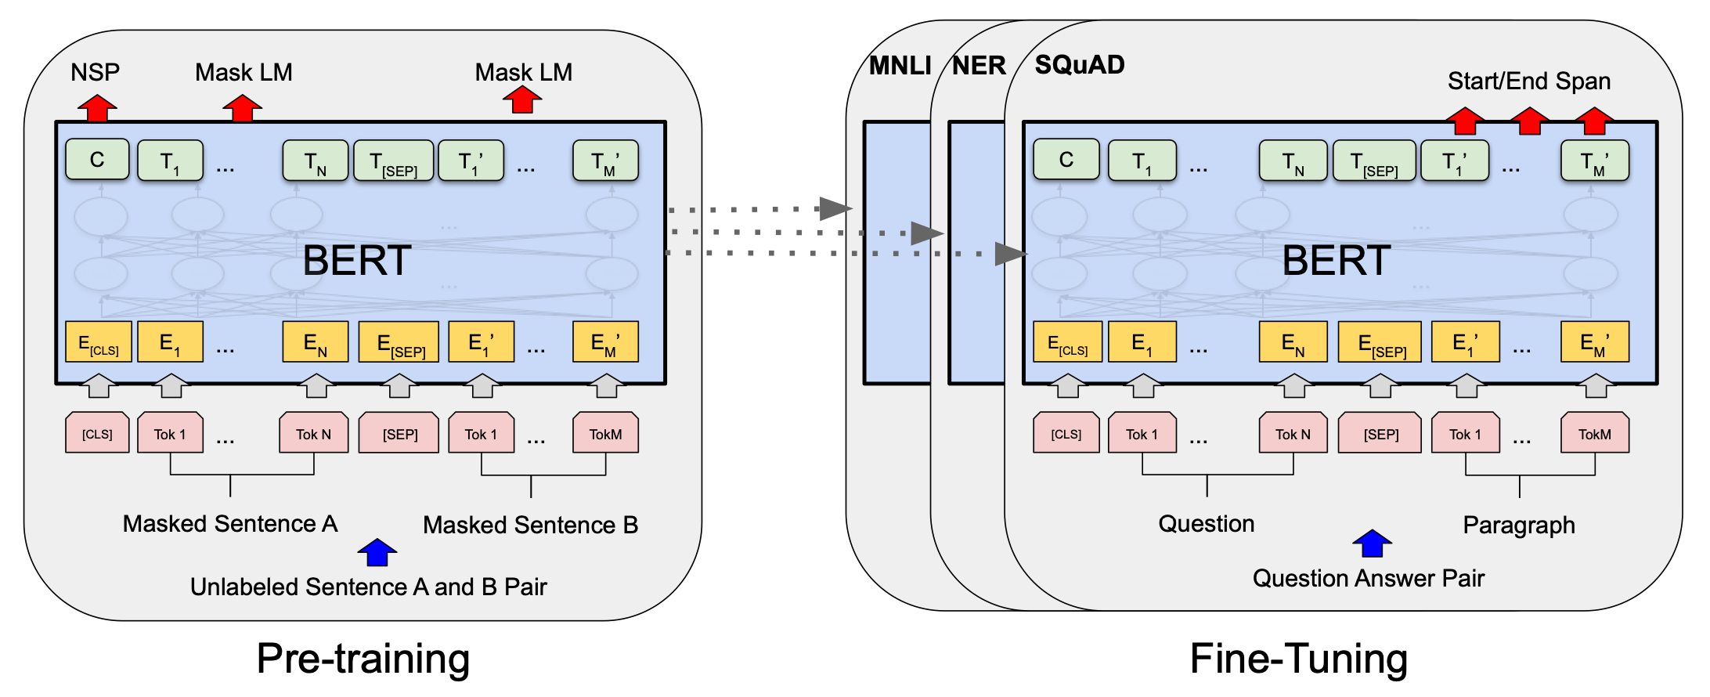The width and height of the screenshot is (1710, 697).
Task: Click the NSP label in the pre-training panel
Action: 95,72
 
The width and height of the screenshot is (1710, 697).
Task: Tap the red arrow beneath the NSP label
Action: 97,108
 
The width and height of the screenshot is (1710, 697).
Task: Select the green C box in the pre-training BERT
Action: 97,160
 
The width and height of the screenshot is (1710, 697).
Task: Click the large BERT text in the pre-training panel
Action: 357,260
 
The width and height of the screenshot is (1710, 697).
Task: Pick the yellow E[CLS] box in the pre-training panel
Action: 99,342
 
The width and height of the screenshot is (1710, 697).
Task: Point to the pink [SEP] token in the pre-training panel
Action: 399,433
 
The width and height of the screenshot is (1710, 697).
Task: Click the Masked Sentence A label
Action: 229,523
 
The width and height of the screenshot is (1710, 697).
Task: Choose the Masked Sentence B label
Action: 530,525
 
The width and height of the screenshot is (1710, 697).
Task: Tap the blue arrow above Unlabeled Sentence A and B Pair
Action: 377,552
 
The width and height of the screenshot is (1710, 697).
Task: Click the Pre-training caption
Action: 363,658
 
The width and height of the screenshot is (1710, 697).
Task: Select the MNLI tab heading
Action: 900,66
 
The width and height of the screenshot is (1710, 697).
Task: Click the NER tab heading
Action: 979,66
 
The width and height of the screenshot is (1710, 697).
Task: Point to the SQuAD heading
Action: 1079,64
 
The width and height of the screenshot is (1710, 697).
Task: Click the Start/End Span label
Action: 1528,81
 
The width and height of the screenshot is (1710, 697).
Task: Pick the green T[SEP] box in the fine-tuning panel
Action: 1374,161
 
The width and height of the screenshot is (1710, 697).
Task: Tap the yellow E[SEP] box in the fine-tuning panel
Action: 1380,342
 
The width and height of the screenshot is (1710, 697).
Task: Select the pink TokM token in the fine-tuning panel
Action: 1594,433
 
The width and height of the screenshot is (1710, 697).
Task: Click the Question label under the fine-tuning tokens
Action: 1206,523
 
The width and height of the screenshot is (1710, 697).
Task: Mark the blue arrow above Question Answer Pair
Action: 1372,543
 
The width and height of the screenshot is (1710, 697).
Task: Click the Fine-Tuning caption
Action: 1298,658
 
